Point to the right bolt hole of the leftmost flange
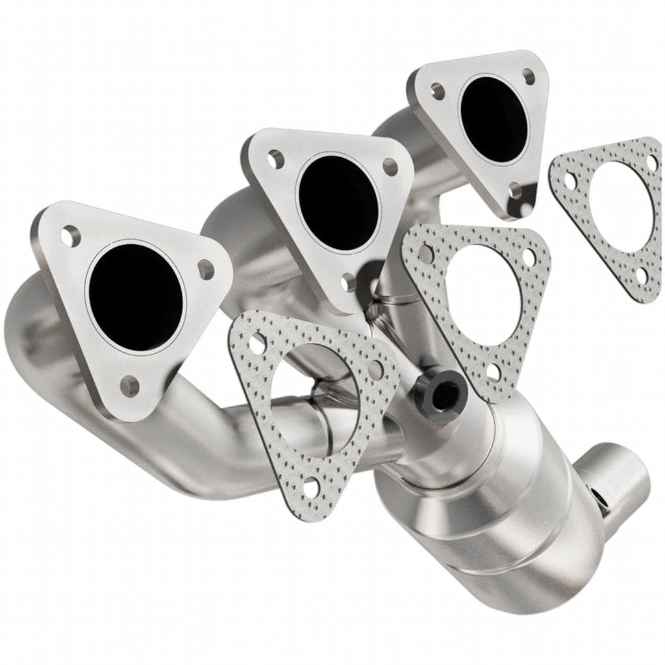click(206, 270)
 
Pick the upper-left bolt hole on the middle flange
click(275, 158)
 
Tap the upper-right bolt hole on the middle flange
click(390, 166)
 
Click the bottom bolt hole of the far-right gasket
click(643, 276)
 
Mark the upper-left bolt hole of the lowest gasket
click(258, 340)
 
